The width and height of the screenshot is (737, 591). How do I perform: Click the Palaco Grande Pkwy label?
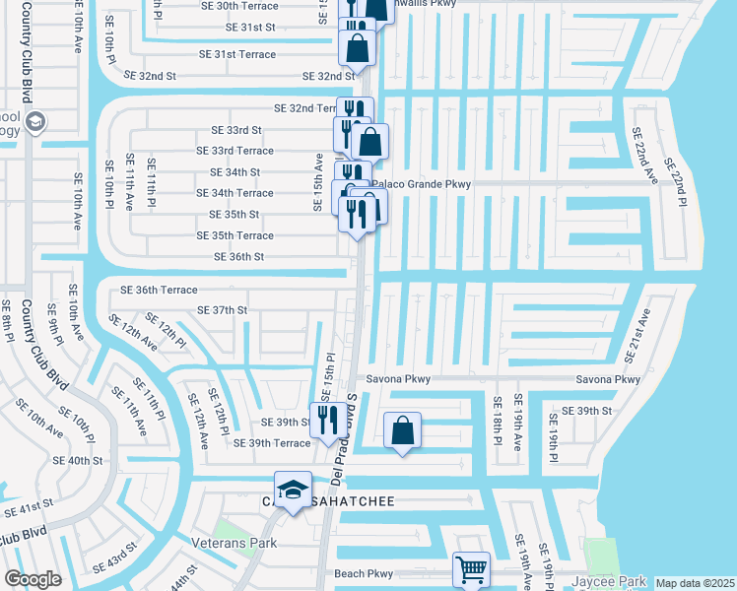425,183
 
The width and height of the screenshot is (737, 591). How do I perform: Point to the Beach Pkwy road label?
364,573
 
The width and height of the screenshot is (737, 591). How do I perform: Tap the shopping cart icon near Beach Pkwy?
471,568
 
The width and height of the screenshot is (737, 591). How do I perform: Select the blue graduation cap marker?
293,490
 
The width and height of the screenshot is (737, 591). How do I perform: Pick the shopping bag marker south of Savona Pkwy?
402,429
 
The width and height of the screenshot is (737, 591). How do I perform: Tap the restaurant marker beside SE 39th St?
328,420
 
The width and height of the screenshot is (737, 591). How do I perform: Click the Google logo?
33,579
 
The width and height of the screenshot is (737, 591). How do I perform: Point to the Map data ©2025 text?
695,583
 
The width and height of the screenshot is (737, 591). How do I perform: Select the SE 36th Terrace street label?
159,291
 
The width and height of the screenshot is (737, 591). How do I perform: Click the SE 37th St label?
222,310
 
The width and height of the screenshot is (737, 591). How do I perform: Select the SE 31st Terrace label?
236,54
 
